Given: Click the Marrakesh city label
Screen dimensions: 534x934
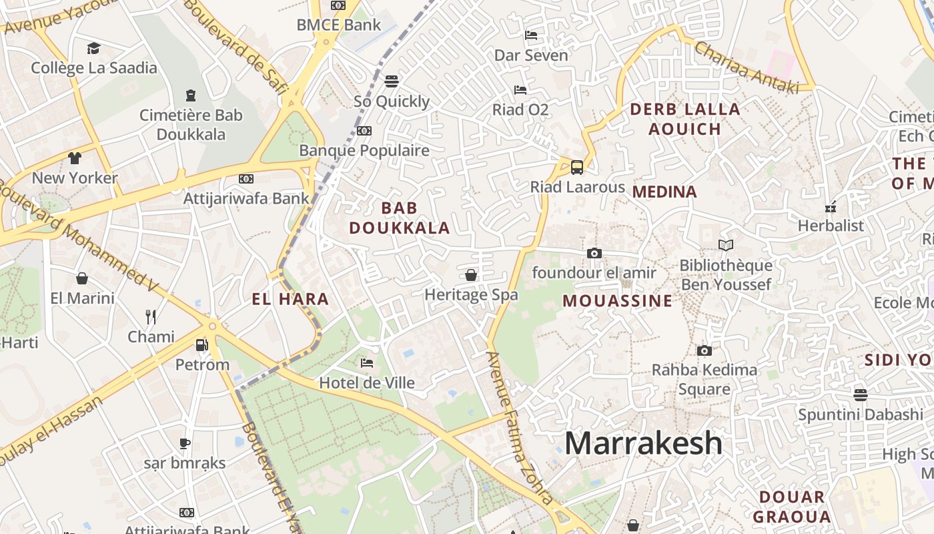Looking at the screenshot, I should click(643, 444).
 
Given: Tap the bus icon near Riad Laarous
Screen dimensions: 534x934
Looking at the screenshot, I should click(577, 167).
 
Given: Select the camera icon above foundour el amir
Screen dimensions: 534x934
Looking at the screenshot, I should click(594, 253).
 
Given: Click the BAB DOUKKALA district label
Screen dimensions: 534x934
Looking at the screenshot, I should click(400, 218).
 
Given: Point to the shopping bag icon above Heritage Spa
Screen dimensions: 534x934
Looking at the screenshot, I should click(471, 275).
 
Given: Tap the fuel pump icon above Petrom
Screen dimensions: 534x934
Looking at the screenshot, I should click(201, 345).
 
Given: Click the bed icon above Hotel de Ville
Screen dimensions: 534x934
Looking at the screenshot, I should click(367, 363).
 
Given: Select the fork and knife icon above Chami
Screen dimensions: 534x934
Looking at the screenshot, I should click(151, 316).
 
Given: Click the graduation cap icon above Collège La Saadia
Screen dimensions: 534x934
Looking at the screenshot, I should click(93, 48).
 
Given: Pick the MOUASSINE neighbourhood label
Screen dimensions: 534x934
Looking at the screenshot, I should click(617, 301).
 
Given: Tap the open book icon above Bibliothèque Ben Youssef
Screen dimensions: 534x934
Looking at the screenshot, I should click(725, 246).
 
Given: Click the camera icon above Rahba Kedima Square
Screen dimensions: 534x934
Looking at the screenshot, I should click(704, 350).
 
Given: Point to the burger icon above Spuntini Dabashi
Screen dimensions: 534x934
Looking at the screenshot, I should click(861, 394).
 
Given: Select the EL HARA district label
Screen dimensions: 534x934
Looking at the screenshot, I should click(290, 299).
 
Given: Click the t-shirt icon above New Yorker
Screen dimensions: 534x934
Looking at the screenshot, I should click(74, 158).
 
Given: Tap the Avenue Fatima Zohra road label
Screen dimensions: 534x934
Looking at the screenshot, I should click(519, 427).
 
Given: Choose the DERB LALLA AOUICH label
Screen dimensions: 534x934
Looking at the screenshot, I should click(684, 119).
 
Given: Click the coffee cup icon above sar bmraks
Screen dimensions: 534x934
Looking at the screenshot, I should click(185, 443).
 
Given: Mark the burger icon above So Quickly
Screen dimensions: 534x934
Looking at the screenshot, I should click(392, 81).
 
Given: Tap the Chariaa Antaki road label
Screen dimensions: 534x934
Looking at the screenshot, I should click(746, 67).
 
